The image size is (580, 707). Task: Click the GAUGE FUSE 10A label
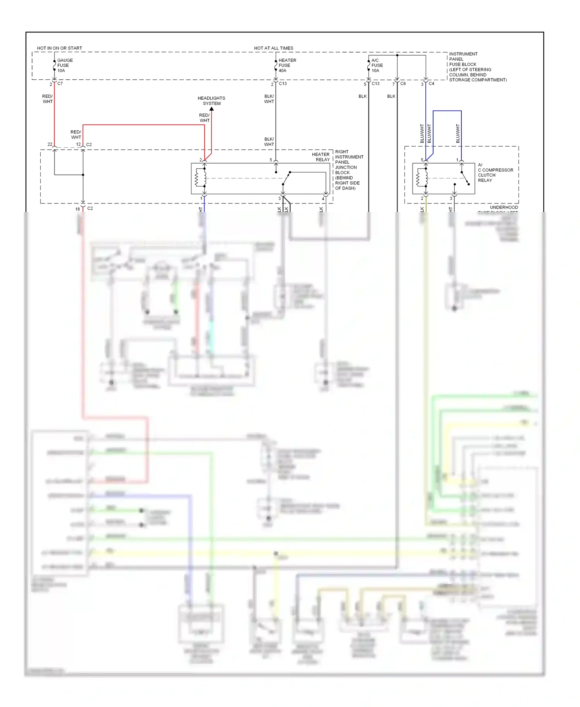[x=65, y=65]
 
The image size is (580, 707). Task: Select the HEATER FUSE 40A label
[x=287, y=65]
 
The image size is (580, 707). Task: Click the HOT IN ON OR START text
[x=60, y=48]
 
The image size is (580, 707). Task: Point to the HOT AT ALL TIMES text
[x=273, y=48]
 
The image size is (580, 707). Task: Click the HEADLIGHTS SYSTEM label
[x=212, y=101]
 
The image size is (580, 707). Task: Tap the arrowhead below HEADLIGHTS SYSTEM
[x=212, y=109]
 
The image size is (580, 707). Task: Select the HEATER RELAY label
[x=321, y=157]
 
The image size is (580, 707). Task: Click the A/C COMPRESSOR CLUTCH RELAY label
[x=495, y=172]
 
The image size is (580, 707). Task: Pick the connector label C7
[x=60, y=84]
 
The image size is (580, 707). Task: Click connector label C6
[x=403, y=84]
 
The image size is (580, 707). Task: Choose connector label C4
[x=432, y=84]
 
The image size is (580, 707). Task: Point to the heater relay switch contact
[x=286, y=178]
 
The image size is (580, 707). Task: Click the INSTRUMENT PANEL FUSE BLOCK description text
[x=477, y=67]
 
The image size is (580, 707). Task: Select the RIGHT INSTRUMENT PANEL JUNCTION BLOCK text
[x=348, y=170]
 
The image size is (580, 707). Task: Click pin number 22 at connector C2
[x=50, y=144]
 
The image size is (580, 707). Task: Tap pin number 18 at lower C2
[x=77, y=209]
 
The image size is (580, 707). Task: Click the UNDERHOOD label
[x=503, y=207]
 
